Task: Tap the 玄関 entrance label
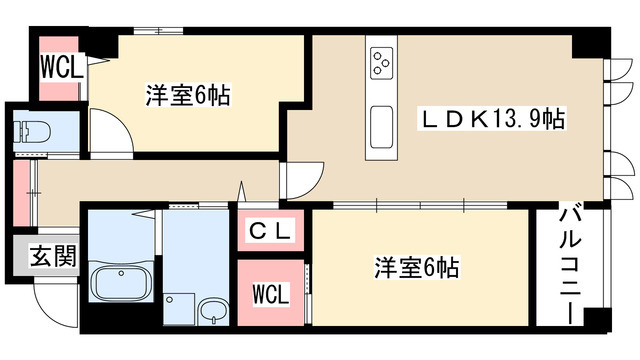53,256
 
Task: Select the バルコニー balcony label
570,265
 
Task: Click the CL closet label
271,231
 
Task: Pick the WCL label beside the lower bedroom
271,294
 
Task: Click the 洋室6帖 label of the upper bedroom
188,95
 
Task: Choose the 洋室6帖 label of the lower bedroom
417,268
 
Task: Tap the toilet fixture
32,132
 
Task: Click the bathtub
121,283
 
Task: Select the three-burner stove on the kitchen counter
382,63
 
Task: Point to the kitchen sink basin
382,128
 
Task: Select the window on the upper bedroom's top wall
158,31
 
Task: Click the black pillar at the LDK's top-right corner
591,42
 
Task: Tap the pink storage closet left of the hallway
21,193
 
